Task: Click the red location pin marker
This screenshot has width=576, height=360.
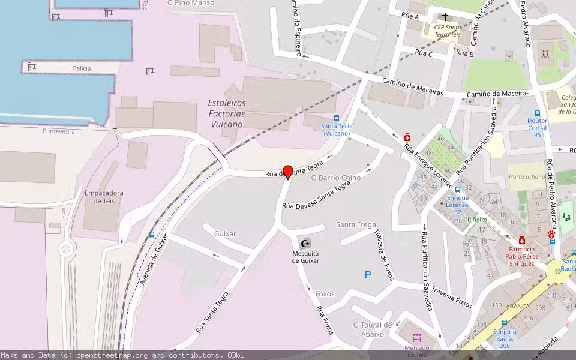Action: pos(288,172)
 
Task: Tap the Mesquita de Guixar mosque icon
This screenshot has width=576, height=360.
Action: pos(305,243)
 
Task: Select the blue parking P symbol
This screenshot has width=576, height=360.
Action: pos(368,275)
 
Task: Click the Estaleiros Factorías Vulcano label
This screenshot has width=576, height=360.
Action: pos(226,113)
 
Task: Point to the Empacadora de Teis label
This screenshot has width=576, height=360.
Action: pos(104,197)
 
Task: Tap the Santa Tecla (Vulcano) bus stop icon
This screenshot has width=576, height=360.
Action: pos(337,118)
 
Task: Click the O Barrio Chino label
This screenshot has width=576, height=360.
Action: pos(336,178)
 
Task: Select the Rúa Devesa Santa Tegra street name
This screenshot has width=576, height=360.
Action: pos(316,196)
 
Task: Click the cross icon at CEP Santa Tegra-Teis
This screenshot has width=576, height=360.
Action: pos(445,17)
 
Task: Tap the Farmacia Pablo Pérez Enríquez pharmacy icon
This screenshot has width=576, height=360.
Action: pos(522,240)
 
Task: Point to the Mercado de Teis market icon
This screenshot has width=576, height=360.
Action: pos(417,338)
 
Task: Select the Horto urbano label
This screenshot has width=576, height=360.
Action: pos(527,177)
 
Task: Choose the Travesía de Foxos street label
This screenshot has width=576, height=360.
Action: pos(382,251)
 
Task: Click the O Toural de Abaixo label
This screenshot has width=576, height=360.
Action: pos(373,329)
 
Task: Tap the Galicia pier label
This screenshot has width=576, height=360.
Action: pos(82,68)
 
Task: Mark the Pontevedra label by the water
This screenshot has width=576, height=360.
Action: pos(59,131)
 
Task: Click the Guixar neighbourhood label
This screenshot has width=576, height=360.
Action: pos(225,233)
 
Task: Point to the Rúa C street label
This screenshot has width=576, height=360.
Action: pos(424,53)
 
